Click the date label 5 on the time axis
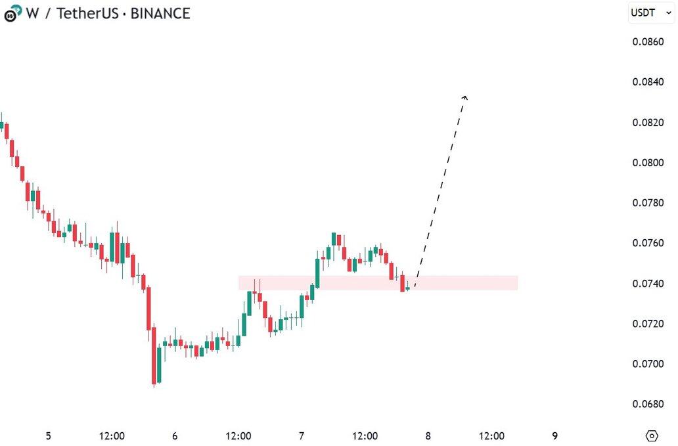coord(48,436)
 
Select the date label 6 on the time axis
coord(175,436)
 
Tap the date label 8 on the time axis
coord(428,436)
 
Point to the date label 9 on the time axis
coord(554,436)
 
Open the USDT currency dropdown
coord(651,12)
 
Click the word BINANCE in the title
coord(160,13)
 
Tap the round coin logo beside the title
coord(11,13)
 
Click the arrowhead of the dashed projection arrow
coord(464,97)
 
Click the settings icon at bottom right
coord(652,436)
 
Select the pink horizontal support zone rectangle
coord(460,283)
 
